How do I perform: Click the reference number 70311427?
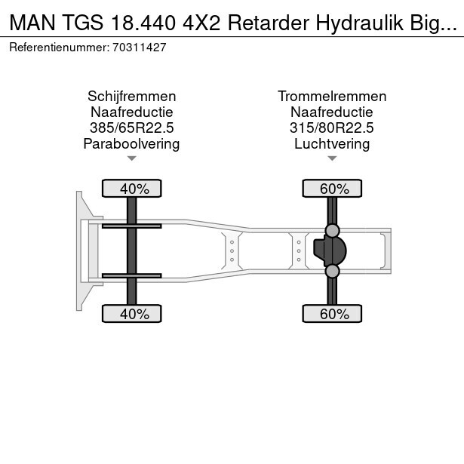[139, 48]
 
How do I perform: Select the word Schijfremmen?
[132, 97]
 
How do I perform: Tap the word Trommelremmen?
[332, 97]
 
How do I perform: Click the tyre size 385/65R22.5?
[132, 128]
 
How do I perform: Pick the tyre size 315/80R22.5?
[332, 128]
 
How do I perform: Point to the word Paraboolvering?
[131, 144]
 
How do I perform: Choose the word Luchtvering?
[332, 144]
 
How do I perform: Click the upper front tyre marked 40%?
[132, 188]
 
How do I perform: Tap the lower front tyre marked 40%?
[132, 314]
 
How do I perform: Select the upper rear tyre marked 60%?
[332, 188]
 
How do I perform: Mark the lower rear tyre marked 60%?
[332, 314]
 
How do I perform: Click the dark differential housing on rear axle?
[330, 251]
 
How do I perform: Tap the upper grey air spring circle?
[332, 231]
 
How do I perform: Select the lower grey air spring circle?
[332, 272]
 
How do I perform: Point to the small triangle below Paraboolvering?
[132, 158]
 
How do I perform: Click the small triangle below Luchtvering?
[332, 158]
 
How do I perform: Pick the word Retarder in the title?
[269, 23]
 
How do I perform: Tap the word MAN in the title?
[32, 23]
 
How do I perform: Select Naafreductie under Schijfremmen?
[132, 112]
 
